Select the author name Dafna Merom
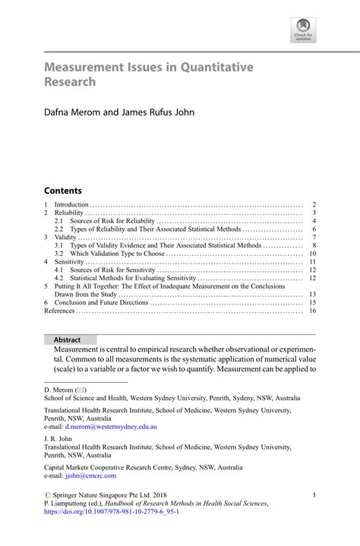[x=74, y=112]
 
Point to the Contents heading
[x=62, y=191]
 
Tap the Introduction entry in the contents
[x=71, y=205]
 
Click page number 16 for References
[x=312, y=311]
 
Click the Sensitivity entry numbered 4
[x=71, y=262]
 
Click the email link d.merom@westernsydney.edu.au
[x=111, y=427]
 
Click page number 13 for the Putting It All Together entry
[x=312, y=294]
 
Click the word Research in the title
[x=70, y=81]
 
